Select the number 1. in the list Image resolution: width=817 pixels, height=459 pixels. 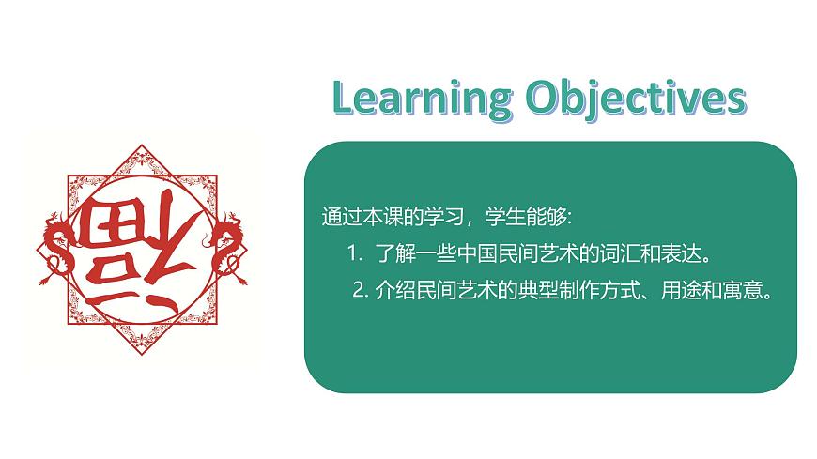pos(354,254)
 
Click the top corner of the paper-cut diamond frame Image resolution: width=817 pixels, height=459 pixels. pos(142,148)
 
